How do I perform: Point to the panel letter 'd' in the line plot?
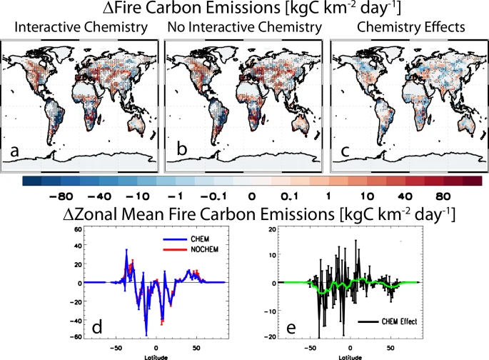coord(97,327)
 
